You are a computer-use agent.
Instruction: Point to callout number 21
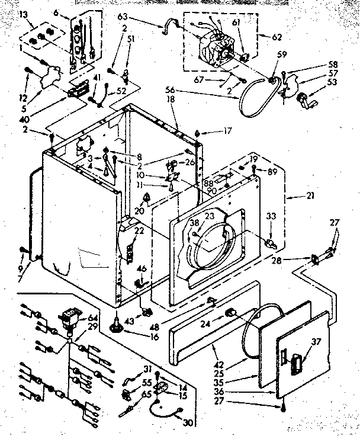[x=295, y=195]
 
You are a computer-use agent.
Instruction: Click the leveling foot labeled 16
[x=115, y=323]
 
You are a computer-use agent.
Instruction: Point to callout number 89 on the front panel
[x=272, y=172]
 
